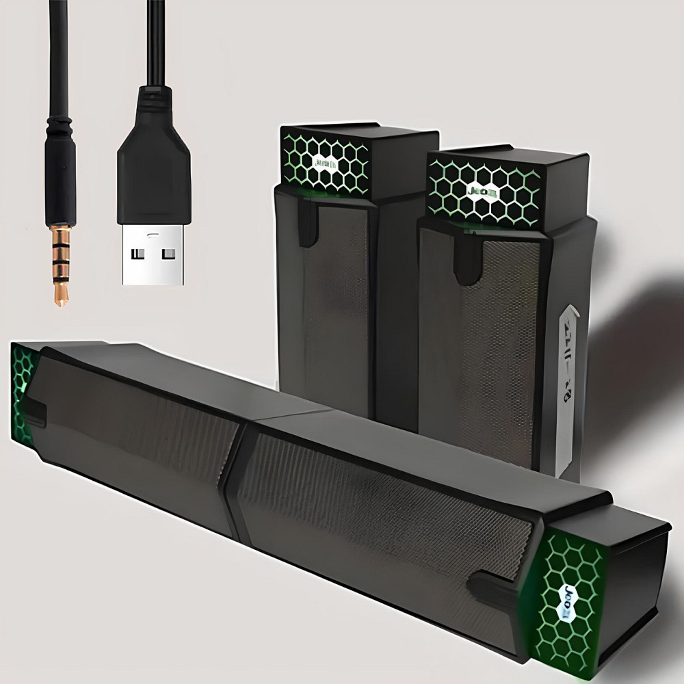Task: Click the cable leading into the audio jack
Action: (57, 55)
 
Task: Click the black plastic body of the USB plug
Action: (152, 164)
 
